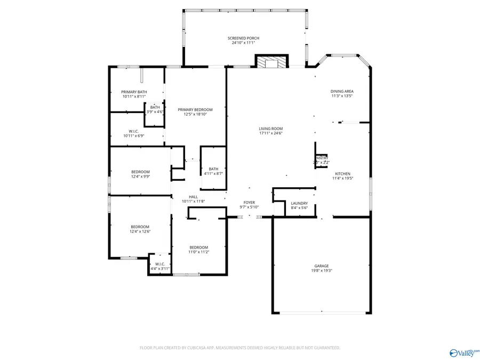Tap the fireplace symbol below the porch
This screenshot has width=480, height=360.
point(271,62)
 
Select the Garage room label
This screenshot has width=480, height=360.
point(321,266)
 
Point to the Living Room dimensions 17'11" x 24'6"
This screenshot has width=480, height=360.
point(270,133)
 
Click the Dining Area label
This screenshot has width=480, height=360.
point(342,91)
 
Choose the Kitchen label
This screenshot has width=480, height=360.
point(342,174)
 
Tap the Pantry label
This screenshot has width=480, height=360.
point(322,158)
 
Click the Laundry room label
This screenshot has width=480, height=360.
point(299,203)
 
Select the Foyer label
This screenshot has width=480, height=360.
point(249,203)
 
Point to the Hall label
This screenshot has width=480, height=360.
point(193,197)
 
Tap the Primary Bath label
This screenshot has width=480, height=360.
point(134,92)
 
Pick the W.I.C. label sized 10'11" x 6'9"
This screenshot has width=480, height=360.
point(134,131)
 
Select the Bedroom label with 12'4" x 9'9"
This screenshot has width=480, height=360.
point(140,172)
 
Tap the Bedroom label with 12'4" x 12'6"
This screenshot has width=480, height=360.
point(140,227)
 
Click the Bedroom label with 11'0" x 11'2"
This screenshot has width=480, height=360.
point(198,247)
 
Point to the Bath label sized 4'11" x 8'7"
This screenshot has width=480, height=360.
point(213,169)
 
